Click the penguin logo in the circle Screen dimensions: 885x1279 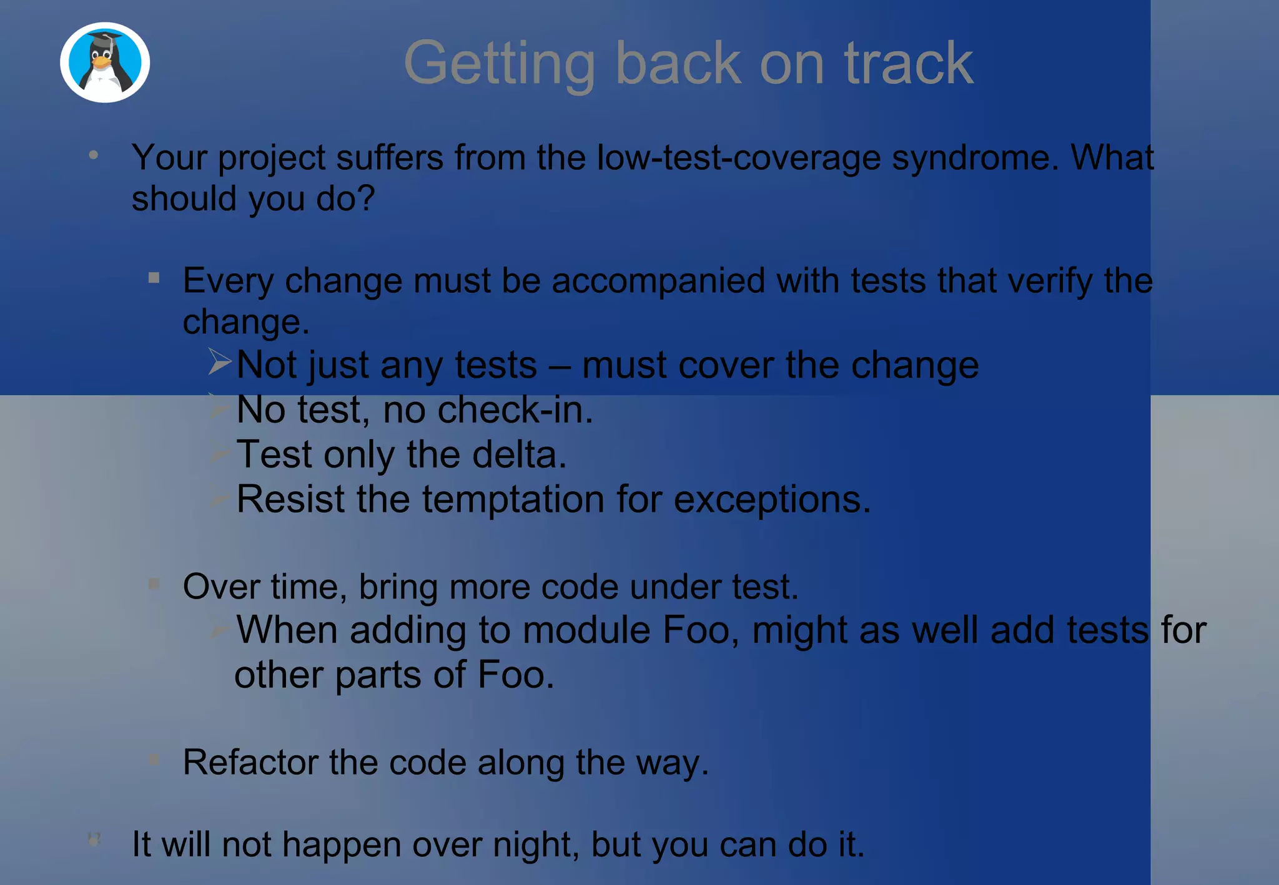coord(105,62)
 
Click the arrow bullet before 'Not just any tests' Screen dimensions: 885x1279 coord(220,362)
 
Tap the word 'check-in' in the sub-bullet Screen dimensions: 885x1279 coord(512,410)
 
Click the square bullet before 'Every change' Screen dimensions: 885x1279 coord(154,278)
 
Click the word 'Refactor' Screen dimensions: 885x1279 coord(250,762)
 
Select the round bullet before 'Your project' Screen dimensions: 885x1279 coord(94,155)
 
